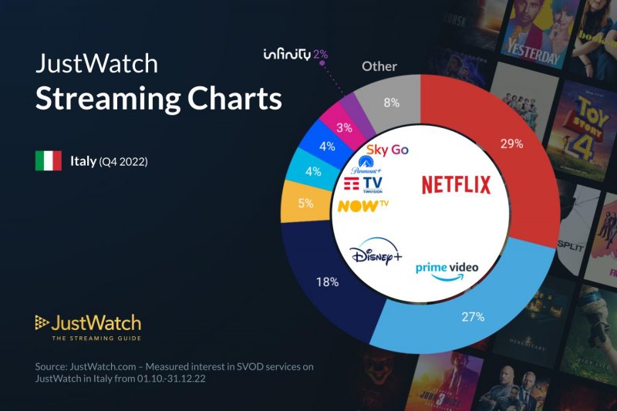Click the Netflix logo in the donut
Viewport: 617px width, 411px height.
point(456,185)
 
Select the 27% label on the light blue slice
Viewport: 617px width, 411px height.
point(473,316)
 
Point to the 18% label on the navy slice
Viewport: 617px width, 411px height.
point(327,282)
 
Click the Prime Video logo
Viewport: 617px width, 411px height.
point(447,270)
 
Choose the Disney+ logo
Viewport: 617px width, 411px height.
point(375,254)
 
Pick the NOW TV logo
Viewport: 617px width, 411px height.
point(362,206)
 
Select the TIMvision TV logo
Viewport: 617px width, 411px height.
point(362,184)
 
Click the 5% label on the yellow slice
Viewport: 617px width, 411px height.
point(306,204)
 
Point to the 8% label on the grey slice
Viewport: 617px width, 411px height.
point(392,103)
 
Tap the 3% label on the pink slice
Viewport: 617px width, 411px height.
point(345,126)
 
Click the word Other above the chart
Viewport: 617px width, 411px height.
point(379,66)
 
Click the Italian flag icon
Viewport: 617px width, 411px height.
point(48,160)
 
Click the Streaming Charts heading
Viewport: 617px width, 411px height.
point(159,99)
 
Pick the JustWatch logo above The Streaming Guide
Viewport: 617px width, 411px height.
point(88,322)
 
